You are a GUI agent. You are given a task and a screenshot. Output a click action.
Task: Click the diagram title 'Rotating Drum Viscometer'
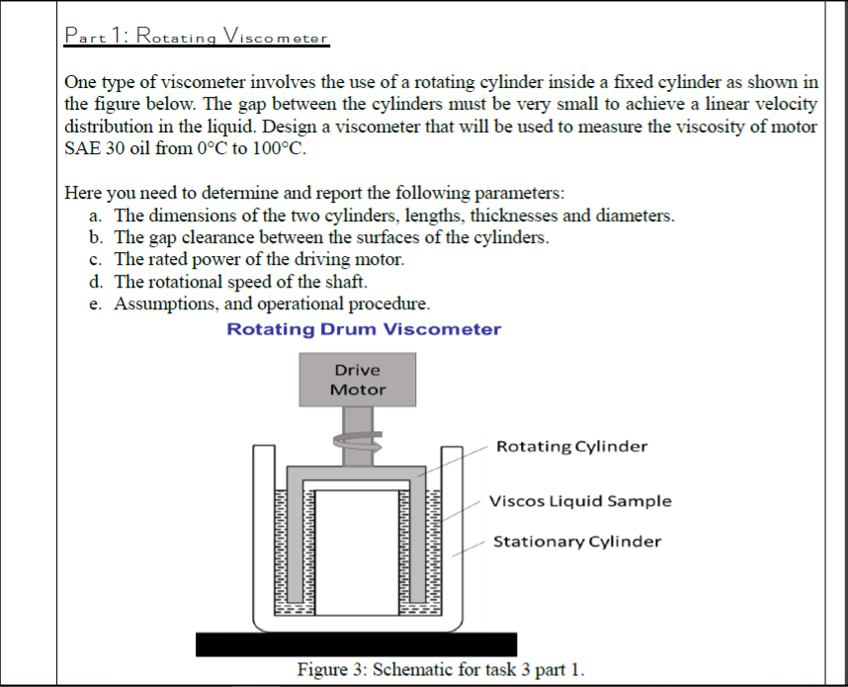pyautogui.click(x=364, y=329)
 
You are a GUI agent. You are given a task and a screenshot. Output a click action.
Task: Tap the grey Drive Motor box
pyautogui.click(x=358, y=380)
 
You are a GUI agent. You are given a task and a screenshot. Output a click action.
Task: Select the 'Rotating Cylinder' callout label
pyautogui.click(x=571, y=446)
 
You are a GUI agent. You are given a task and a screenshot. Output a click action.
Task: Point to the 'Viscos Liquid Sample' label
pyautogui.click(x=580, y=500)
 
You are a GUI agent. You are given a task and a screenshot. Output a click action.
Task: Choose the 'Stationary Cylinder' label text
pyautogui.click(x=577, y=541)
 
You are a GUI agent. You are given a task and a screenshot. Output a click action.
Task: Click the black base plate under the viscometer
pyautogui.click(x=356, y=644)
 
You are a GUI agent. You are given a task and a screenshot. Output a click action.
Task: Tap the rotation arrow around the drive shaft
pyautogui.click(x=358, y=447)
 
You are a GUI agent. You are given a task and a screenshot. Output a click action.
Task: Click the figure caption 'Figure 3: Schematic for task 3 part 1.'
pyautogui.click(x=441, y=669)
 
